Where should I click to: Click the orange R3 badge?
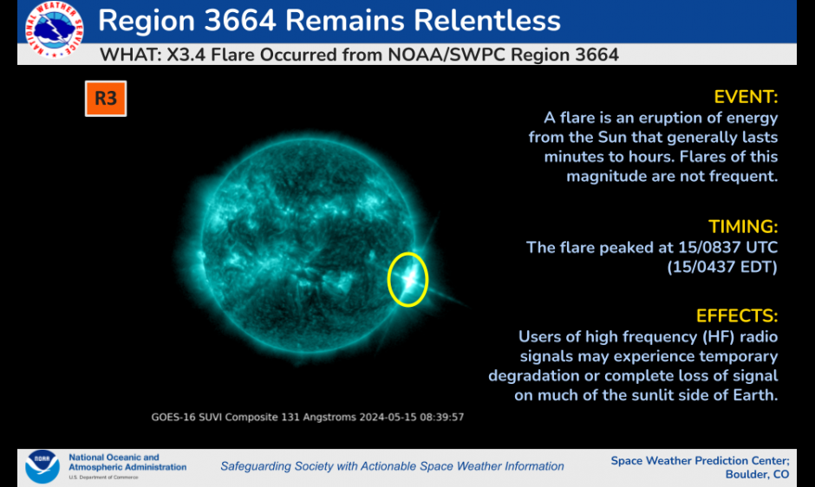pos(106,98)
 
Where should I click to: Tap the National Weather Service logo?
pos(54,29)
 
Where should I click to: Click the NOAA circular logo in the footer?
pos(42,466)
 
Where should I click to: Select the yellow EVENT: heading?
pos(746,97)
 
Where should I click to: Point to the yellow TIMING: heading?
pos(743,227)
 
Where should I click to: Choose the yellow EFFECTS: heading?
pos(737,316)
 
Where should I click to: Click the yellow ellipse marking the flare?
pos(388,280)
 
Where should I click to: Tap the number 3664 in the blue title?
pos(239,21)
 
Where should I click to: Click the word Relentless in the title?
pos(487,21)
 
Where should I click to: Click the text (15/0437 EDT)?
pos(722,267)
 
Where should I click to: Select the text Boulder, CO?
pos(757,475)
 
